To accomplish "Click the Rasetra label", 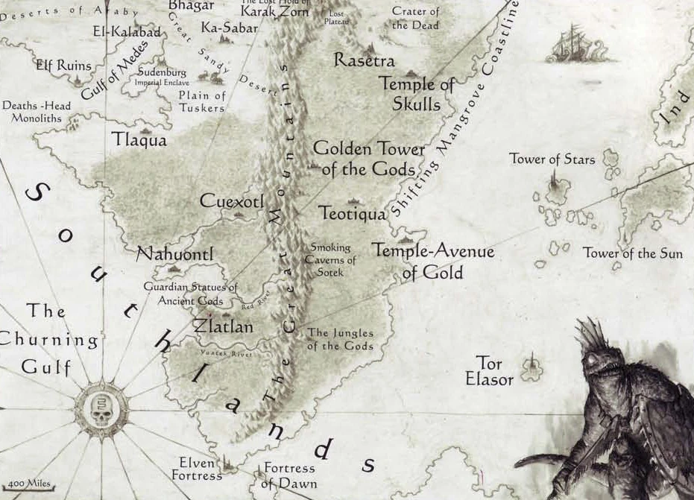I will click(365, 60).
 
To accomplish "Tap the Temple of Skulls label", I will click(417, 94).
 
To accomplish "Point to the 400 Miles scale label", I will click(31, 484).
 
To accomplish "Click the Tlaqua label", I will click(139, 140).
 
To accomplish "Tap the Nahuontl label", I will click(175, 254).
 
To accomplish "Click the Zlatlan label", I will click(223, 326).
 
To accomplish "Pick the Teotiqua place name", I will click(353, 214).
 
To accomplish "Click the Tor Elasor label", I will click(489, 371).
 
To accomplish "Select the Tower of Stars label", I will click(552, 159).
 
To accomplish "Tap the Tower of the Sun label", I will click(632, 253).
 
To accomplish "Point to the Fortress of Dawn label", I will click(288, 475).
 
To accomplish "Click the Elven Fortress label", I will click(197, 469).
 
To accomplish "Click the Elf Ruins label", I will click(63, 65).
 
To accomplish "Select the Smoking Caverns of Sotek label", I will click(330, 259).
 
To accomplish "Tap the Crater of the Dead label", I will click(415, 18).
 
